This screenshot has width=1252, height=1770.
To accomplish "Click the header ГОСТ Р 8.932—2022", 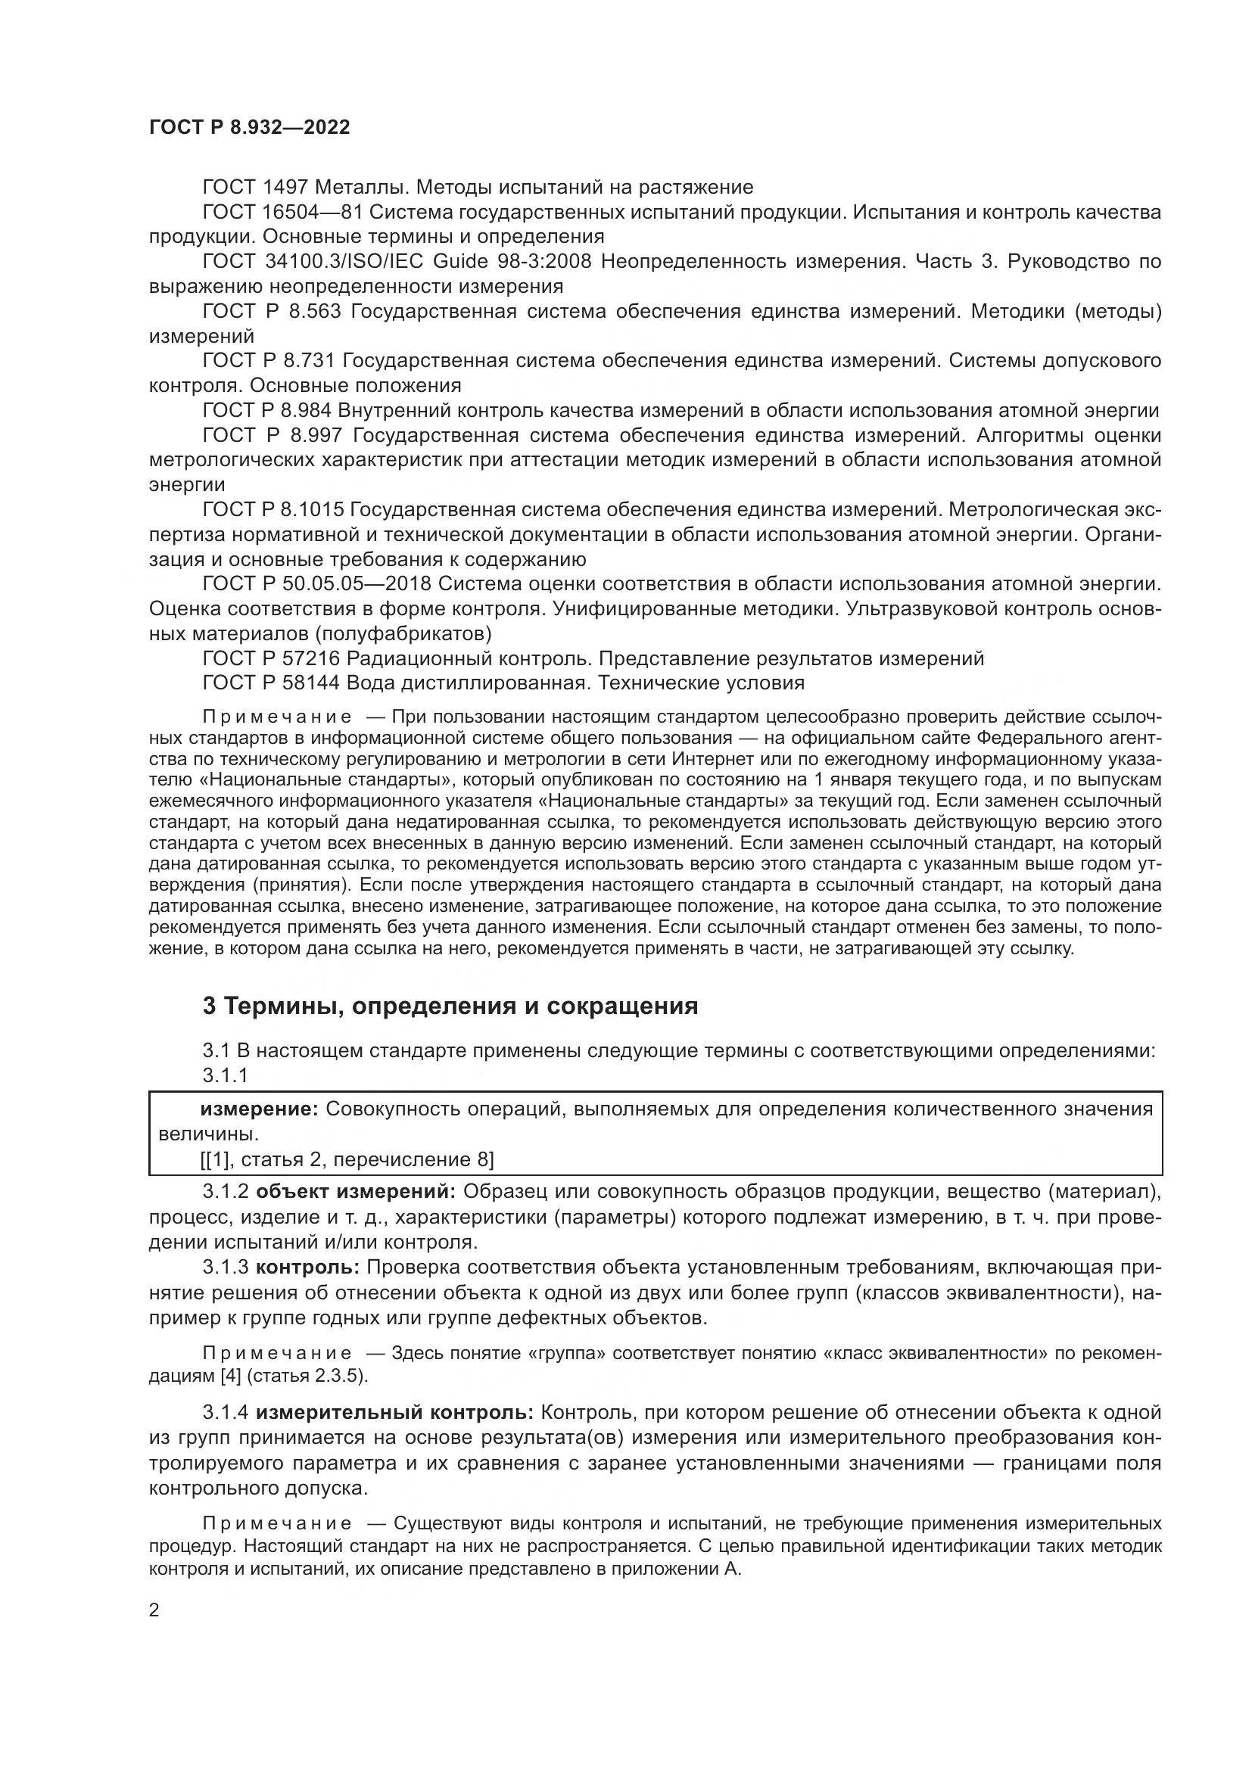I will (x=249, y=128).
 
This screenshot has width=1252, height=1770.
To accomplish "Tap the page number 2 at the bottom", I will (x=154, y=1610).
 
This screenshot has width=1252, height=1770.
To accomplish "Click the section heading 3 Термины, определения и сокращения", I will (x=450, y=1006).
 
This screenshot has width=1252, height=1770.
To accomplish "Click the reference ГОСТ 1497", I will (x=255, y=188).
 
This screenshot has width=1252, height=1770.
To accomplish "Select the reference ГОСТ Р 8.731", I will (x=266, y=361).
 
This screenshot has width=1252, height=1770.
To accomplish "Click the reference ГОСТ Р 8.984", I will (x=266, y=410).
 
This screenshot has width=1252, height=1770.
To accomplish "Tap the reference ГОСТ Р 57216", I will (x=270, y=658).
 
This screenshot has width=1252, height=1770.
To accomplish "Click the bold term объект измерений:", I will (x=357, y=1192).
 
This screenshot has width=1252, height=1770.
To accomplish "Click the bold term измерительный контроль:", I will (x=394, y=1413).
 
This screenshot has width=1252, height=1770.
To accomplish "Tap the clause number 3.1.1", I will (x=225, y=1075).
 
